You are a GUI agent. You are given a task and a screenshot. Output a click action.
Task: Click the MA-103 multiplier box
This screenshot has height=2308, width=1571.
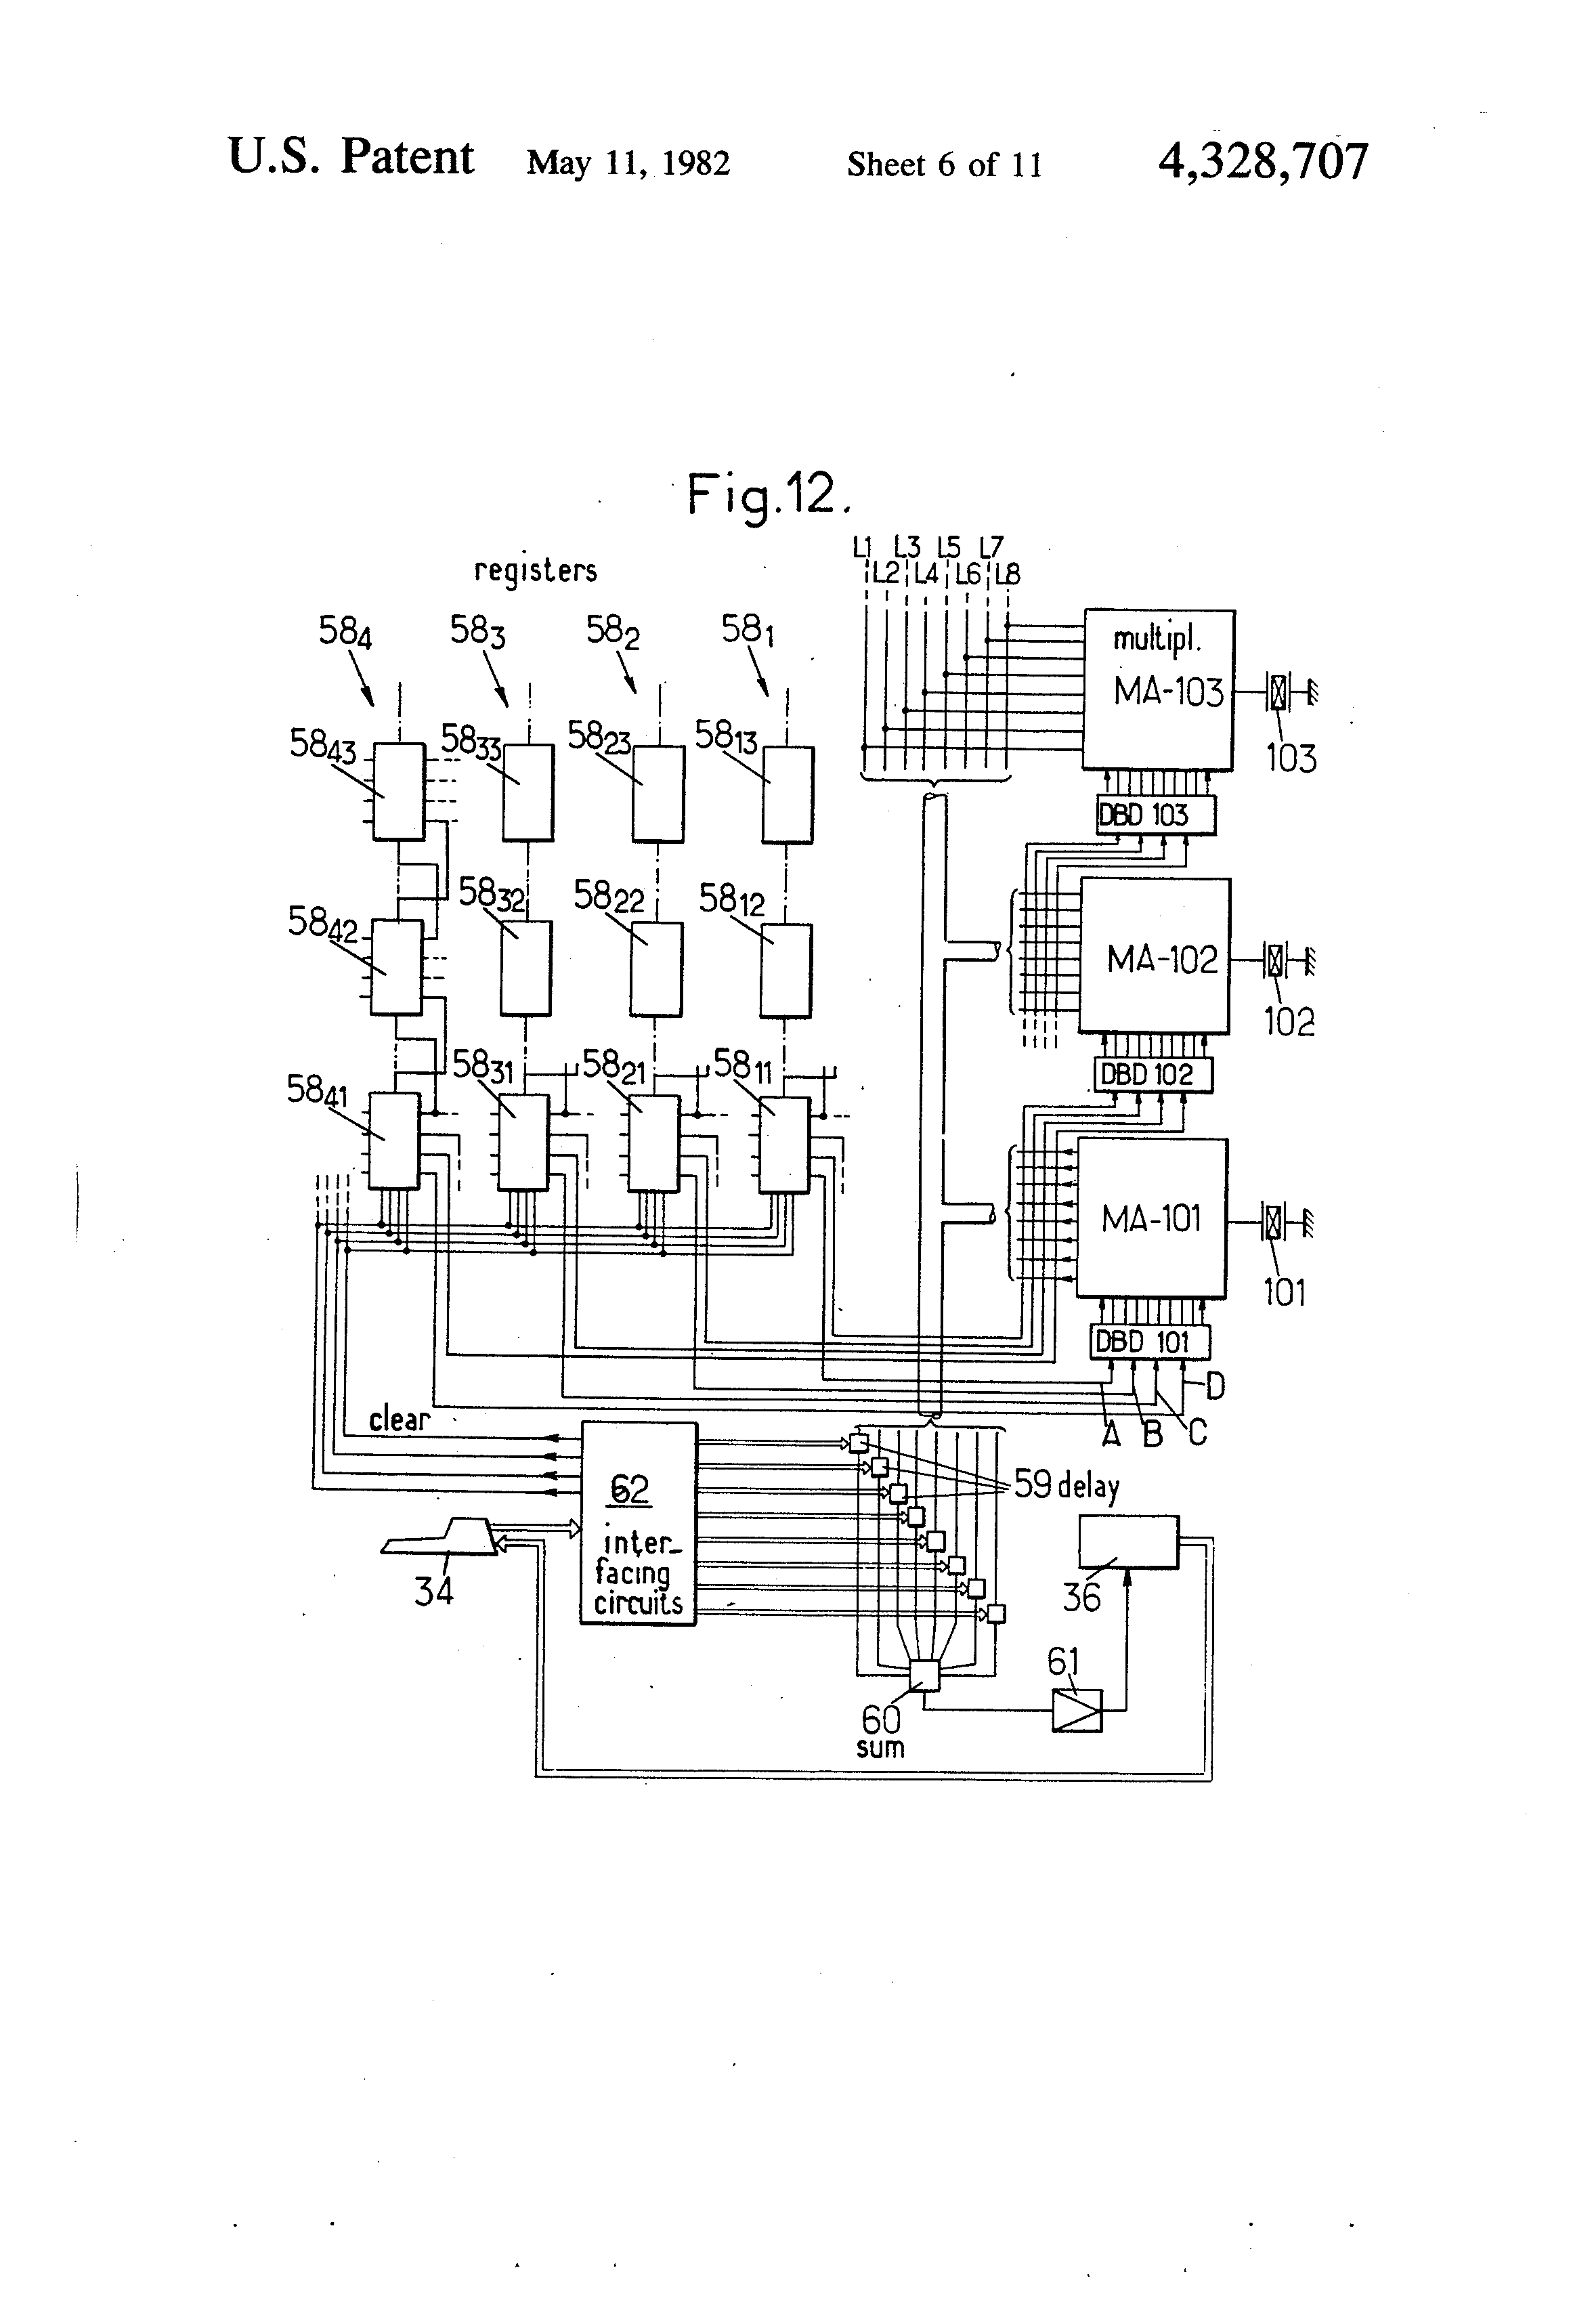(x=1158, y=689)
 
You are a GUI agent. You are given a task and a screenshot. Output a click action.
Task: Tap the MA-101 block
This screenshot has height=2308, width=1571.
(x=1151, y=1218)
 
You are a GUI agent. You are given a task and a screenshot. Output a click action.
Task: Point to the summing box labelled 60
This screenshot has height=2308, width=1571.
(x=924, y=1675)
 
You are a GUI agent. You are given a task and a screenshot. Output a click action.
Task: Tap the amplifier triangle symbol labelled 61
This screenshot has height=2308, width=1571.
(x=1077, y=1710)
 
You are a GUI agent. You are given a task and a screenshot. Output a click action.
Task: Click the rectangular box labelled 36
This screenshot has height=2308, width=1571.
(x=1129, y=1541)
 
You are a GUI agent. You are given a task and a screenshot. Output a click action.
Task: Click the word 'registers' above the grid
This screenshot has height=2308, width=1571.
(x=535, y=570)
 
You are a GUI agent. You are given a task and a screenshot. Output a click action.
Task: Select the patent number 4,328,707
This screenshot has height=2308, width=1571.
(x=1263, y=161)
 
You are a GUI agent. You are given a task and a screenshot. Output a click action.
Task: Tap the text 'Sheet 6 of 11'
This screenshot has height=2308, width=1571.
(x=945, y=164)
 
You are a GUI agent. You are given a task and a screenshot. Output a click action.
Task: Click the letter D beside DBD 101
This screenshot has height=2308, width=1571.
(x=1215, y=1386)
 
